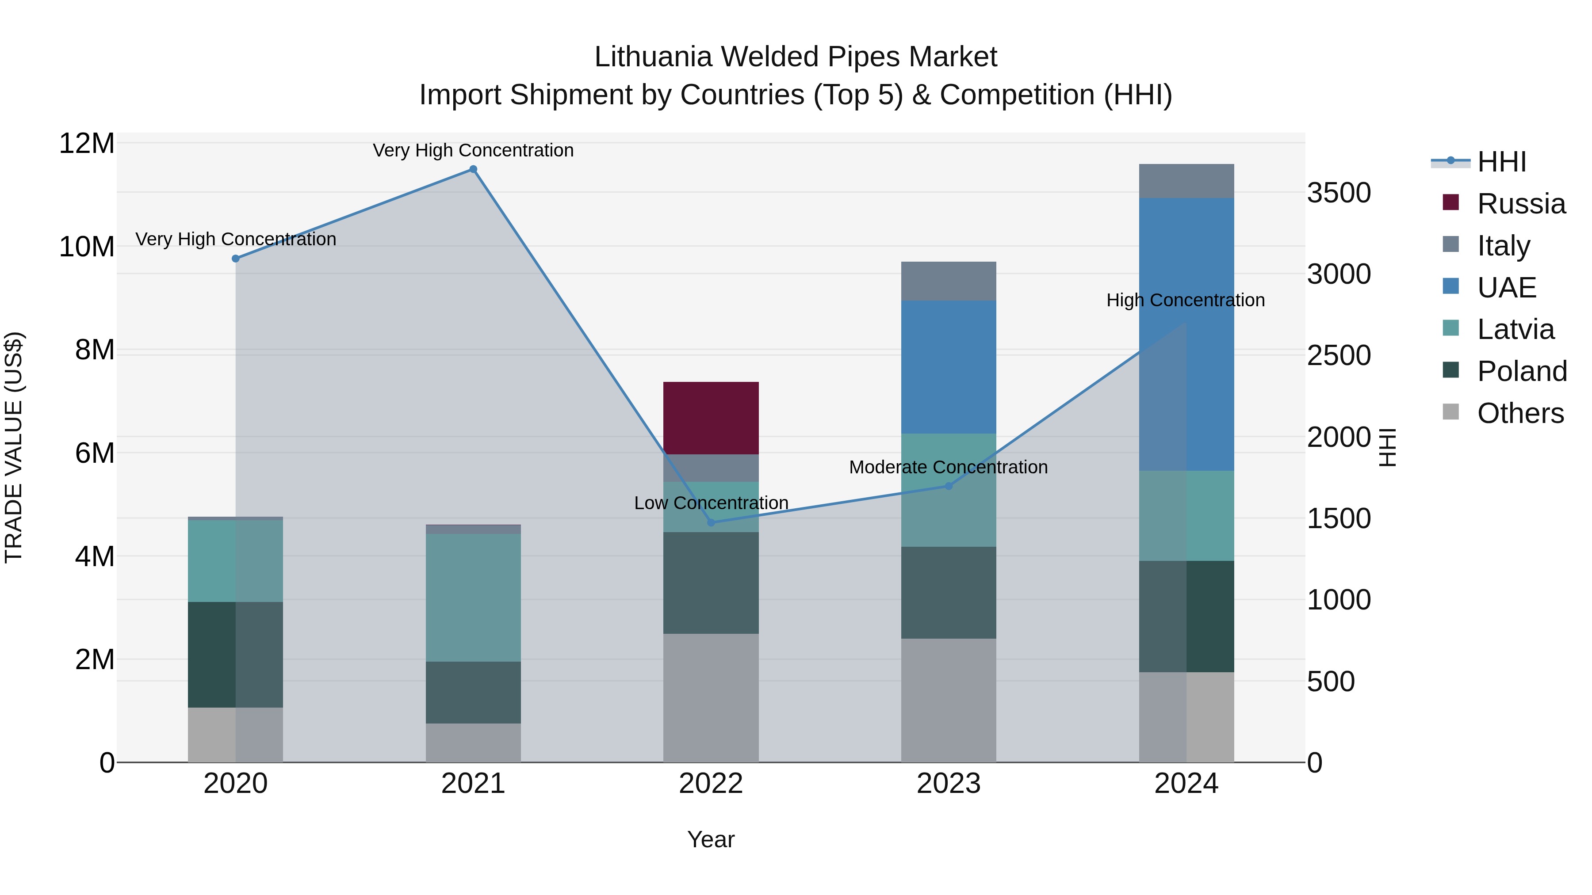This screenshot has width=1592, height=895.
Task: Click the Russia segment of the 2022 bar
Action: [x=711, y=418]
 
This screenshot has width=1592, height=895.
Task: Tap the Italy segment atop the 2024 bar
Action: [x=1186, y=181]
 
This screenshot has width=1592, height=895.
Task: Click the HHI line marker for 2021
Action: [x=473, y=169]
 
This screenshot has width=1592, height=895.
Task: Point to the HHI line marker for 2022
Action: [x=711, y=522]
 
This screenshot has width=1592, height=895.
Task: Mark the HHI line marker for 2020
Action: [x=235, y=259]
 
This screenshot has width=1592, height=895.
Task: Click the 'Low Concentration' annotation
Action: [x=711, y=503]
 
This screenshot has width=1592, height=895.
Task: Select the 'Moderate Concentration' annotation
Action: [x=948, y=468]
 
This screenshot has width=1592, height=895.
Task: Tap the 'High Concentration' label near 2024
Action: [x=1185, y=300]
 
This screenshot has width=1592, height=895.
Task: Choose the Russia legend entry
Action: [x=1521, y=204]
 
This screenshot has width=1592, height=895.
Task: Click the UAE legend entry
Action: [x=1506, y=288]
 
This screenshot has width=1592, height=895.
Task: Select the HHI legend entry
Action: [x=1501, y=162]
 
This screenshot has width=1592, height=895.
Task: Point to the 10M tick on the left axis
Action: [x=87, y=247]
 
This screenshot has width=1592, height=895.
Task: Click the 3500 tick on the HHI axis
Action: [x=1339, y=193]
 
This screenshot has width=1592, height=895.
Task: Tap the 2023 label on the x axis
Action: [x=948, y=784]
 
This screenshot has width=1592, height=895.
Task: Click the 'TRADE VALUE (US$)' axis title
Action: [x=14, y=447]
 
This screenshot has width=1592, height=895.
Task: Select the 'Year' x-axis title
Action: [x=711, y=839]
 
